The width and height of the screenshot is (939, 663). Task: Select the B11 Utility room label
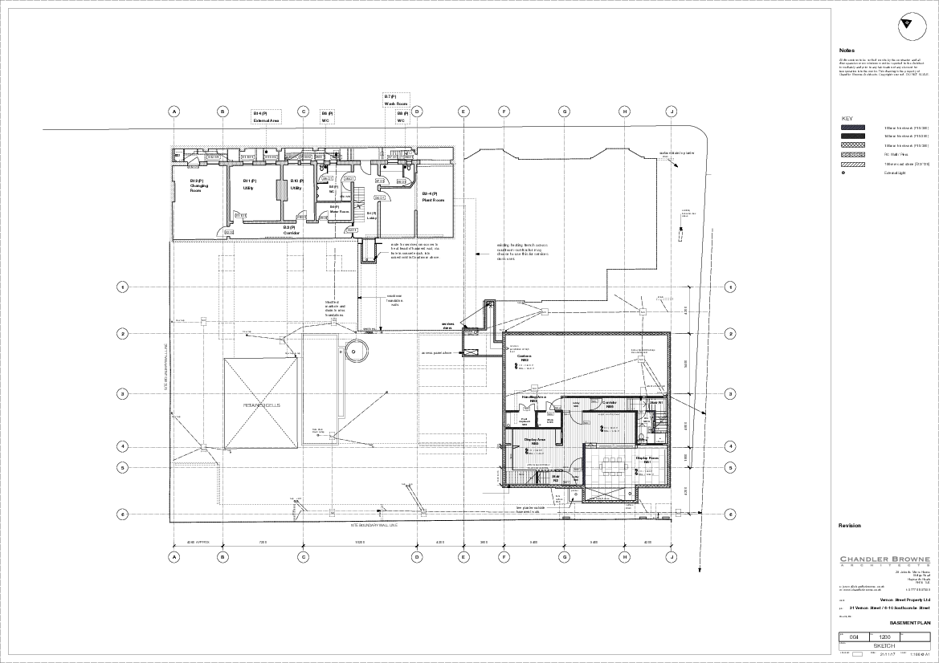249,185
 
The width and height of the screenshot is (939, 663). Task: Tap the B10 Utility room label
297,185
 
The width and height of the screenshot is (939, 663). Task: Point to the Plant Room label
434,197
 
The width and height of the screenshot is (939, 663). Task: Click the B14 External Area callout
267,116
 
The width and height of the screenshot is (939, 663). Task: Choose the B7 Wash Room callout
396,100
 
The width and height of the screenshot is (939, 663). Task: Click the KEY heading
847,119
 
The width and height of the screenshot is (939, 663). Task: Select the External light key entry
895,173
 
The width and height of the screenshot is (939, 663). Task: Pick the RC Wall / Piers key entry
896,155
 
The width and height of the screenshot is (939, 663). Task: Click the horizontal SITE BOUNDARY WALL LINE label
378,525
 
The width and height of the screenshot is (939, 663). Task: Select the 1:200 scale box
884,637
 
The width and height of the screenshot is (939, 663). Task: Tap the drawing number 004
854,637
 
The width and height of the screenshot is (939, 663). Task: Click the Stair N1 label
655,401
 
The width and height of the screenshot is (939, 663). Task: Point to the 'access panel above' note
438,352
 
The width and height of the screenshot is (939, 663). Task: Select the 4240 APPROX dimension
198,542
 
